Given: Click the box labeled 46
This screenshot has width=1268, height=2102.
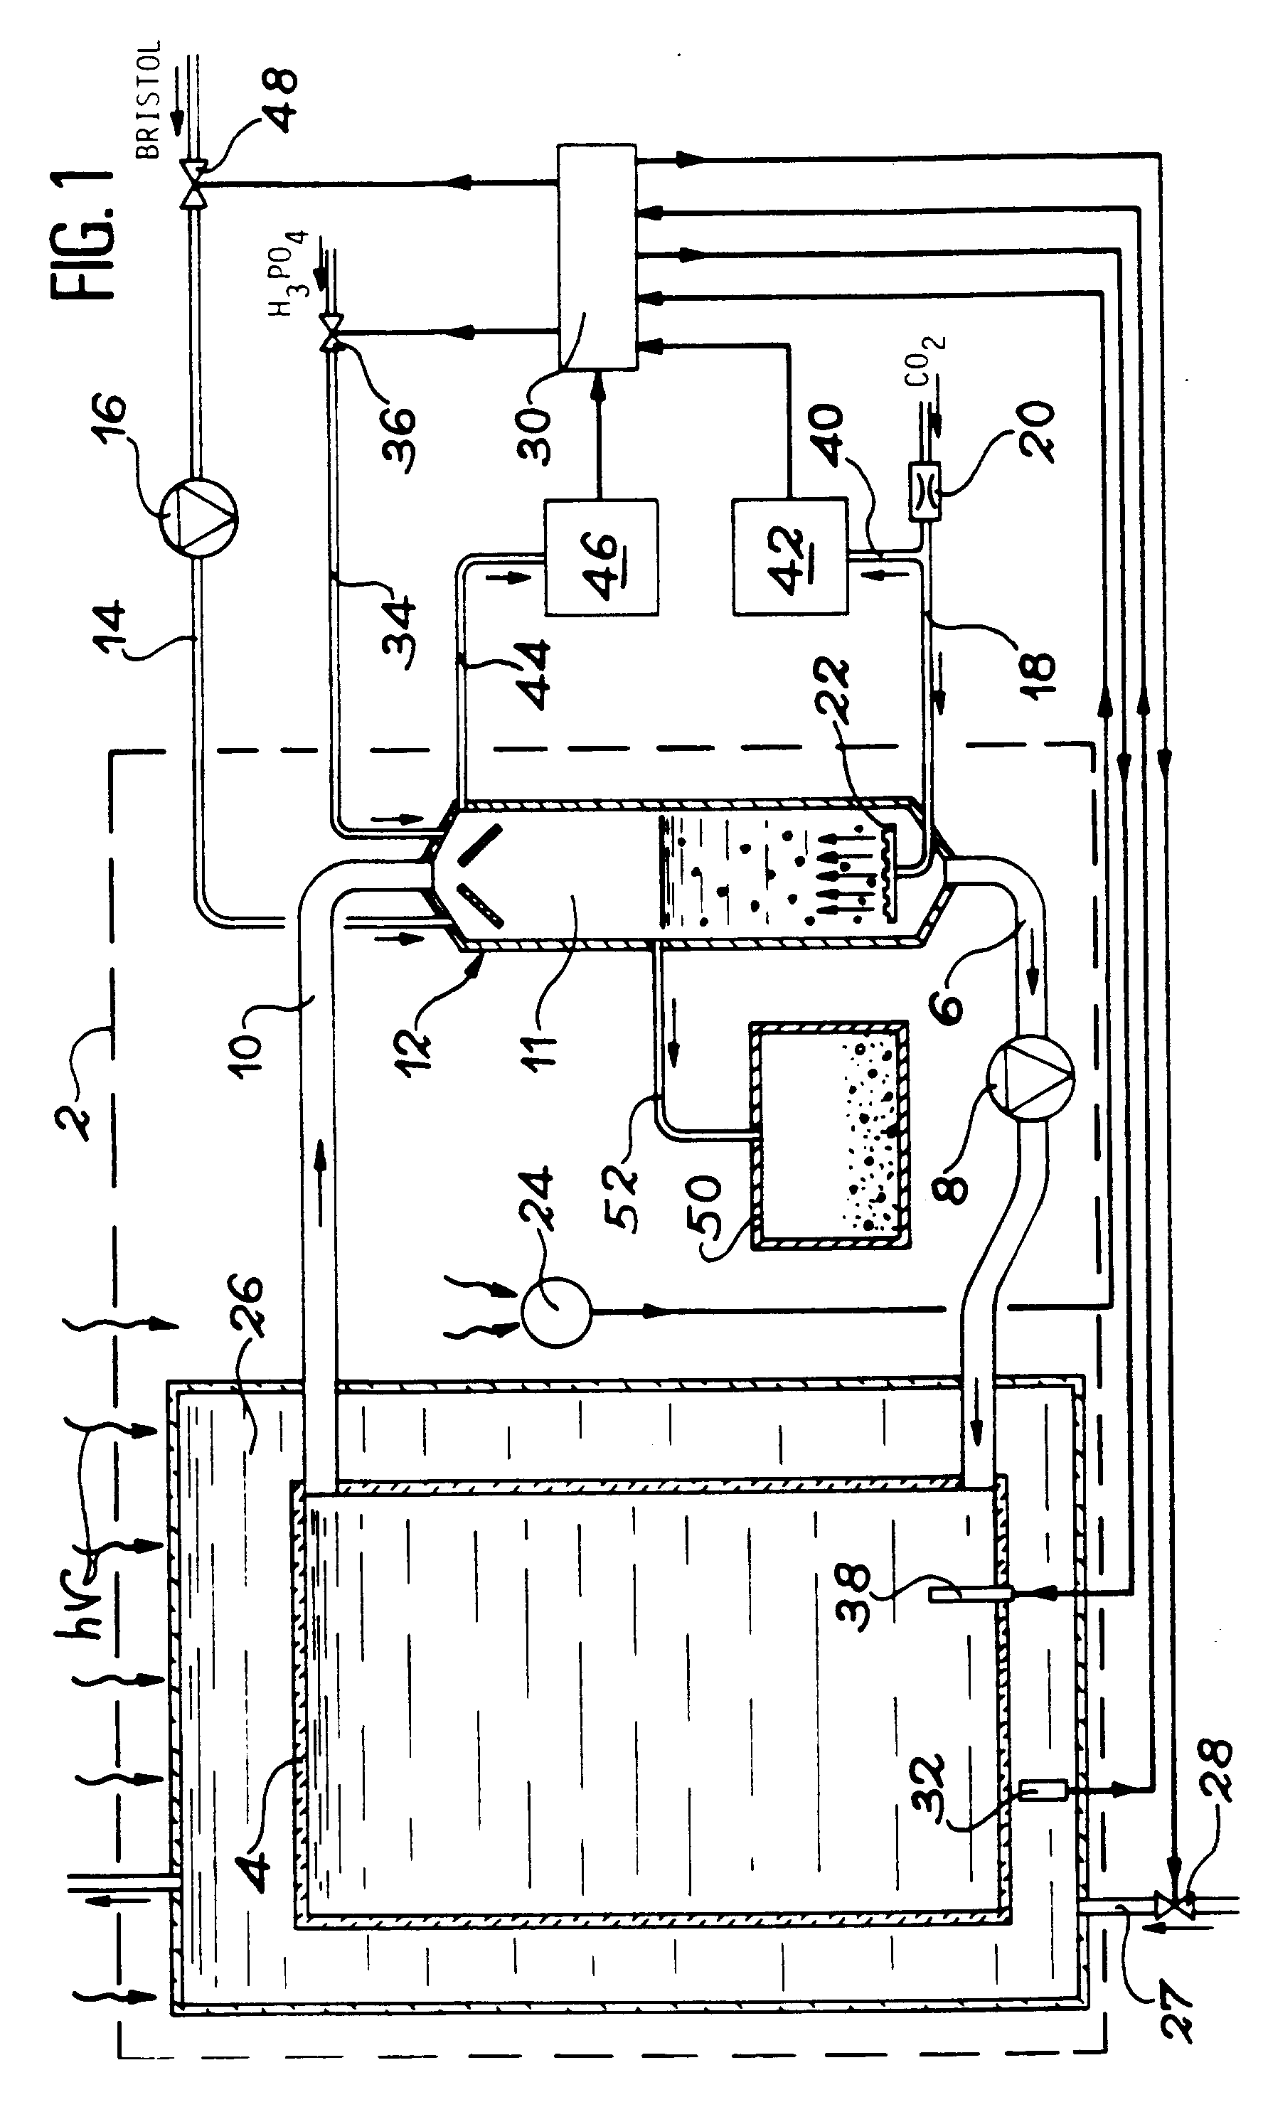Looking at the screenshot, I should [601, 556].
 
